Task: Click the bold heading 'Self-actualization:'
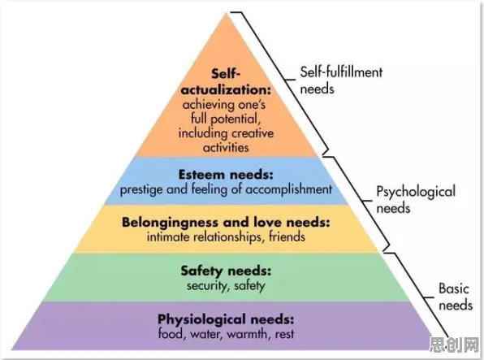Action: click(226, 82)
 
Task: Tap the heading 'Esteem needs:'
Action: click(226, 175)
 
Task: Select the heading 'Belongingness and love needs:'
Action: click(226, 222)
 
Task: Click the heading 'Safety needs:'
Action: click(226, 271)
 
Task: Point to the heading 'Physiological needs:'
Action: click(226, 319)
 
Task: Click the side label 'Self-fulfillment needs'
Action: click(341, 80)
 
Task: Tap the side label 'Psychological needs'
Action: click(416, 200)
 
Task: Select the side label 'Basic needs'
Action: click(456, 297)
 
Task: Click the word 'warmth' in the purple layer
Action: click(247, 334)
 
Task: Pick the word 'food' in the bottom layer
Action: click(170, 334)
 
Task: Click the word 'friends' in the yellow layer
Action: click(287, 237)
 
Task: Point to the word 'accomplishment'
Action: click(289, 189)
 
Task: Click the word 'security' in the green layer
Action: click(206, 286)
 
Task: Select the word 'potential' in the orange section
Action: click(236, 119)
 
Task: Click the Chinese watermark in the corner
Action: click(454, 345)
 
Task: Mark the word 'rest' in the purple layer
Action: click(284, 334)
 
